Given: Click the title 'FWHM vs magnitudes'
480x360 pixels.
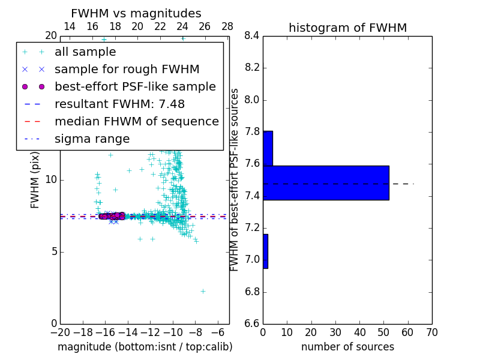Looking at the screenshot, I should (136, 13).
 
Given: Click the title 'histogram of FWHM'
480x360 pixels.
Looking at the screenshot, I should (347, 28).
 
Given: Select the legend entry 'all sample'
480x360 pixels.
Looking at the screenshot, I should (85, 52).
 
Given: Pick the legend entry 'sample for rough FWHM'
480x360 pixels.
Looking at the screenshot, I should (127, 69).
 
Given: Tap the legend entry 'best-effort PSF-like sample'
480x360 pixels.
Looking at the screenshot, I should (135, 86).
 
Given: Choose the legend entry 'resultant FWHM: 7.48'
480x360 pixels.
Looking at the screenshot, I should (118, 104).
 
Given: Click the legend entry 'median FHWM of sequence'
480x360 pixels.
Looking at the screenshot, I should (136, 121).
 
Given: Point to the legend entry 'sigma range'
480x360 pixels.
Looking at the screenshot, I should (92, 139).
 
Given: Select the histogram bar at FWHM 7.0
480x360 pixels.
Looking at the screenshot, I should (265, 251).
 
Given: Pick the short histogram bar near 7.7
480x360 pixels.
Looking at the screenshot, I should (268, 148).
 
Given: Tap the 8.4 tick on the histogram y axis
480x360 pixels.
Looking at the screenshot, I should (251, 35).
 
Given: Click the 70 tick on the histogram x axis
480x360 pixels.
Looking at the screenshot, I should (431, 332).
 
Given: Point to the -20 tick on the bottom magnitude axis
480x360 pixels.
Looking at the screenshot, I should (60, 332).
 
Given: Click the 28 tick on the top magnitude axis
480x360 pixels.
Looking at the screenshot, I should (227, 26).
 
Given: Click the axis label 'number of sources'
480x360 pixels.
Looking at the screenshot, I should (347, 347).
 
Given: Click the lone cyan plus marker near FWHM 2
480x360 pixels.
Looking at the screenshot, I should (203, 291).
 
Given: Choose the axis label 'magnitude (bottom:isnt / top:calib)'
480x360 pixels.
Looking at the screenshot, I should (145, 347).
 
